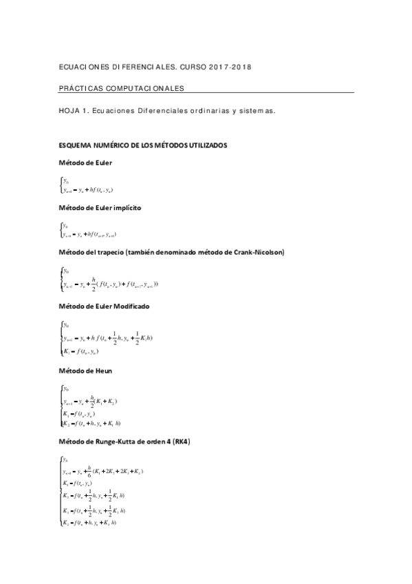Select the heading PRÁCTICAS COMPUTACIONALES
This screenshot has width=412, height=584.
tap(123, 89)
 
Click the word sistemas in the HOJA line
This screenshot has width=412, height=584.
tap(257, 109)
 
